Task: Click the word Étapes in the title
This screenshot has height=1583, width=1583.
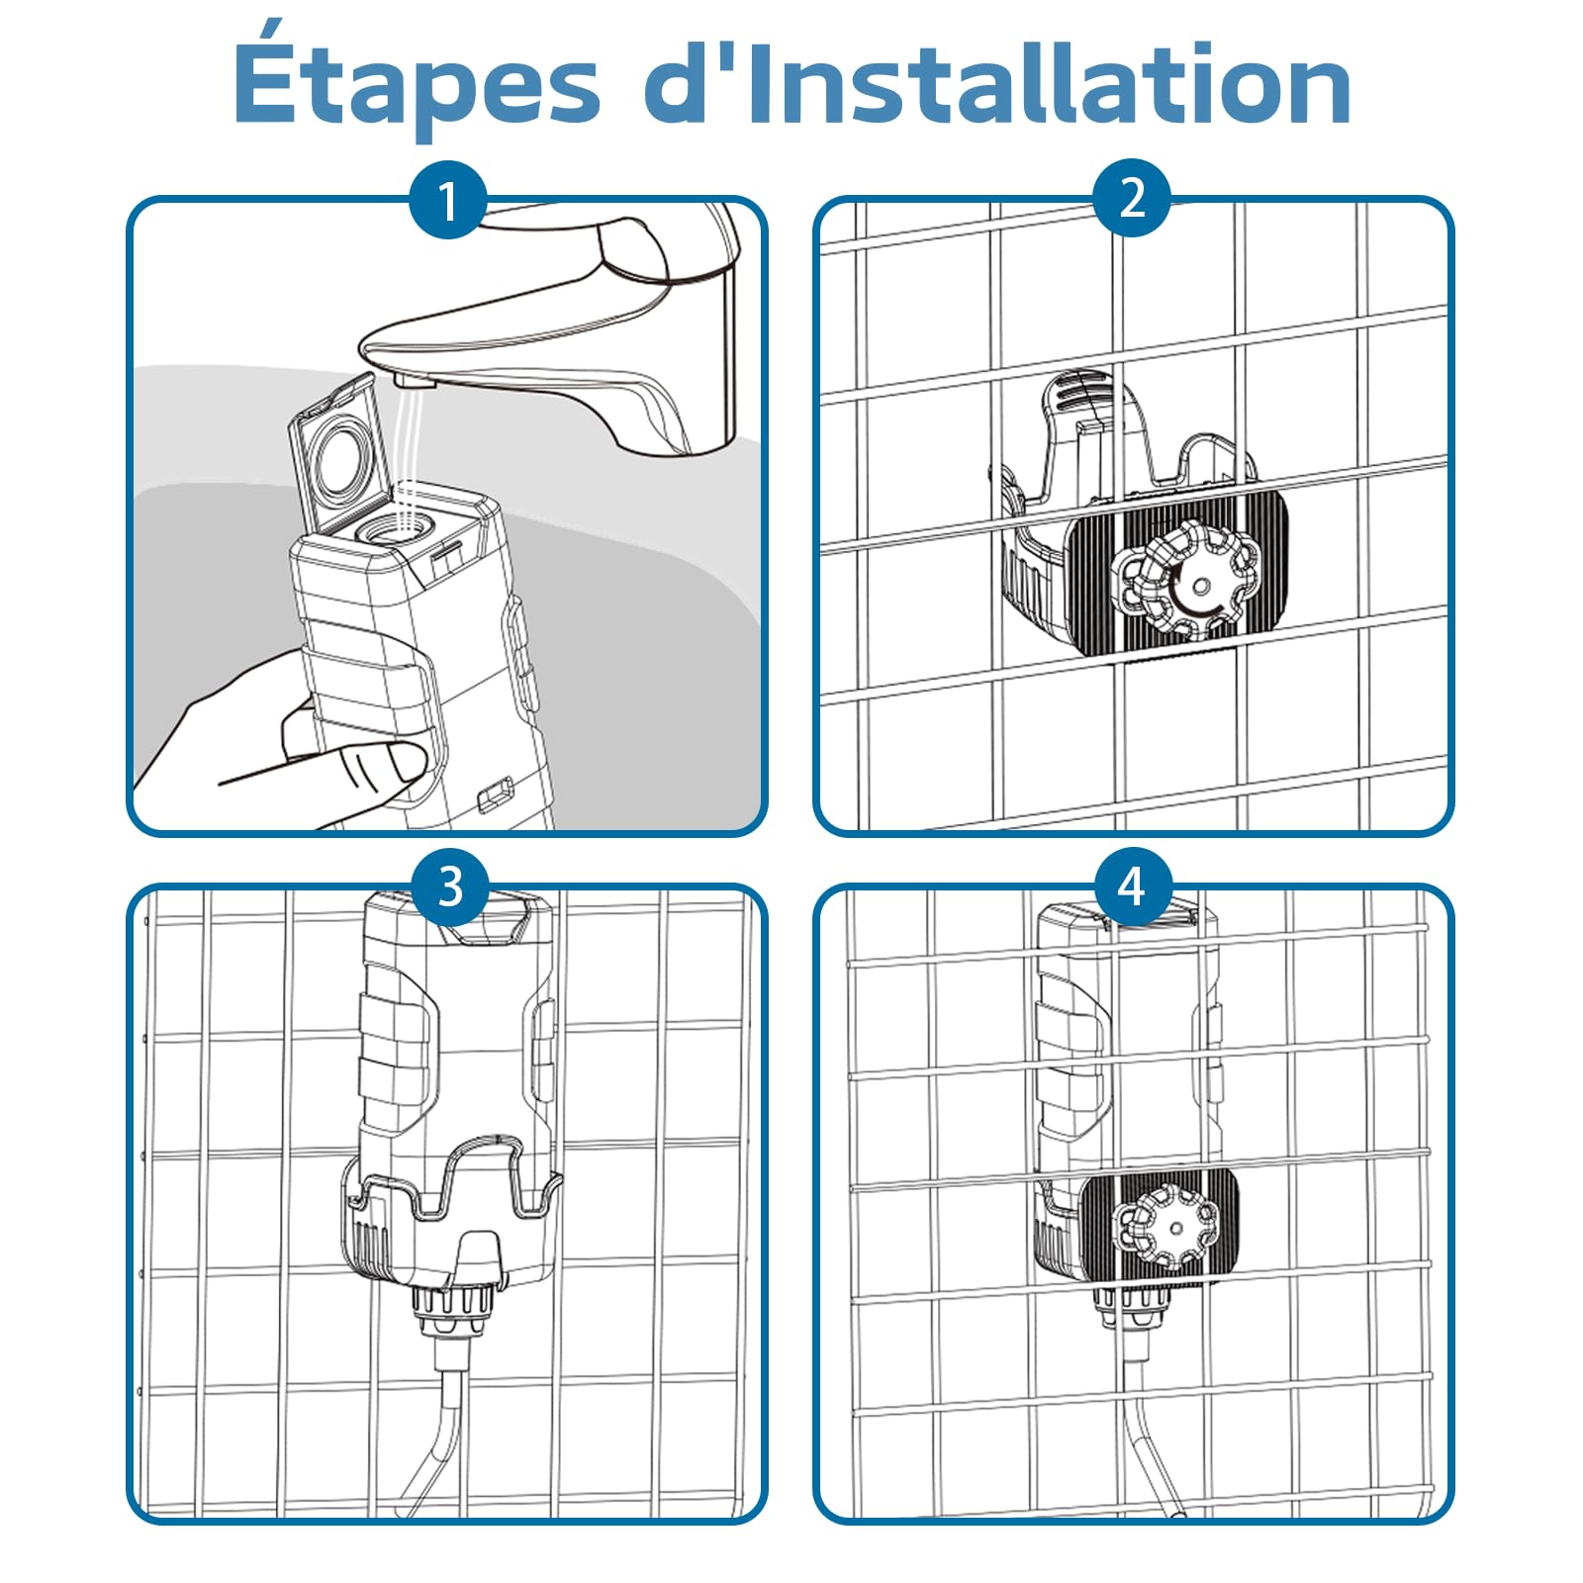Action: pos(417,85)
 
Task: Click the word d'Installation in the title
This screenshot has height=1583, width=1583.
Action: pos(998,83)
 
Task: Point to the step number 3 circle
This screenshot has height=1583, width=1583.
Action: pos(450,885)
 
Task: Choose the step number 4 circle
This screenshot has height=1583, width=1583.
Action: pos(1133,885)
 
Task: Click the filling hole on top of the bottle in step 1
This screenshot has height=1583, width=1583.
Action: pos(392,530)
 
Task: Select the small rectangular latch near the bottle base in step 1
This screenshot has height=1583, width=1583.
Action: pos(495,792)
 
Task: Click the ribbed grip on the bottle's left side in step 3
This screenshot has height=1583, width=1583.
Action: pos(394,1059)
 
